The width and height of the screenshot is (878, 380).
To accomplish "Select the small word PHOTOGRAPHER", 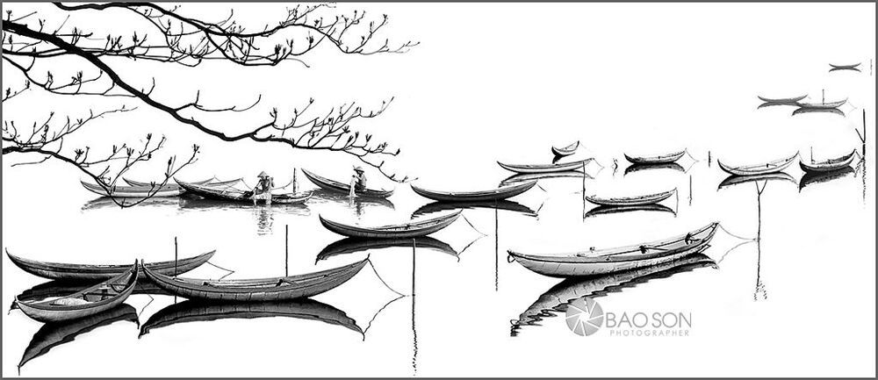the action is [x=649, y=333].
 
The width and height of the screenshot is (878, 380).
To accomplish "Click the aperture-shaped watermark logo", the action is [x=584, y=317].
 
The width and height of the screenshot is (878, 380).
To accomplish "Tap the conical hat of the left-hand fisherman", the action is [x=262, y=174].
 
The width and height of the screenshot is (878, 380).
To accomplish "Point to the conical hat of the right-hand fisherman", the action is [x=358, y=168].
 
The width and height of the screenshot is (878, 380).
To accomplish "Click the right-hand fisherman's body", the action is [x=359, y=180].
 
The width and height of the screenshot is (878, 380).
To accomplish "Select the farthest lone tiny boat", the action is [x=845, y=68].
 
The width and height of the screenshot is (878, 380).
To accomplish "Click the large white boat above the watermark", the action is [x=612, y=253].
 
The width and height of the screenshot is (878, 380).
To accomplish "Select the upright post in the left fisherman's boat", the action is [x=294, y=180].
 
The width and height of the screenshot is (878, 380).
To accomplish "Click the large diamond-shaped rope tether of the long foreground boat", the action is [x=386, y=296].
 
